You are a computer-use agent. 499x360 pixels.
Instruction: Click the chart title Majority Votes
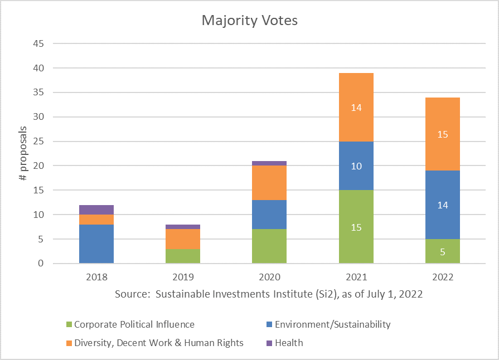pyautogui.click(x=249, y=21)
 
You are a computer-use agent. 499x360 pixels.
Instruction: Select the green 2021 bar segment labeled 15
pyautogui.click(x=356, y=227)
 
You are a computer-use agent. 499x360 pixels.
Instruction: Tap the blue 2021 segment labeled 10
pyautogui.click(x=356, y=166)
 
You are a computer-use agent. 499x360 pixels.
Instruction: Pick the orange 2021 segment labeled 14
pyautogui.click(x=356, y=107)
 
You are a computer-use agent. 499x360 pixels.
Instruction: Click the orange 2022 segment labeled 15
pyautogui.click(x=442, y=134)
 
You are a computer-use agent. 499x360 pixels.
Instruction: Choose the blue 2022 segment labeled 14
pyautogui.click(x=442, y=205)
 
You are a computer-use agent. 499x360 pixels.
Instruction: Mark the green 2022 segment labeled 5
pyautogui.click(x=442, y=251)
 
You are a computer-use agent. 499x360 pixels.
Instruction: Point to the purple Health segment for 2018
pyautogui.click(x=96, y=210)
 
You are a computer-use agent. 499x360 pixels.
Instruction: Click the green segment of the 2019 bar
pyautogui.click(x=183, y=256)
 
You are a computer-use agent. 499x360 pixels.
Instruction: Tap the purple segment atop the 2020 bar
pyautogui.click(x=269, y=163)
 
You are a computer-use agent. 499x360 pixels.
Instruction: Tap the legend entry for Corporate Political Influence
pyautogui.click(x=134, y=324)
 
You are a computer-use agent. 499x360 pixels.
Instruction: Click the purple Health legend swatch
pyautogui.click(x=270, y=343)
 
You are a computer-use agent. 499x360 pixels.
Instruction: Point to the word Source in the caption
pyautogui.click(x=132, y=294)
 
